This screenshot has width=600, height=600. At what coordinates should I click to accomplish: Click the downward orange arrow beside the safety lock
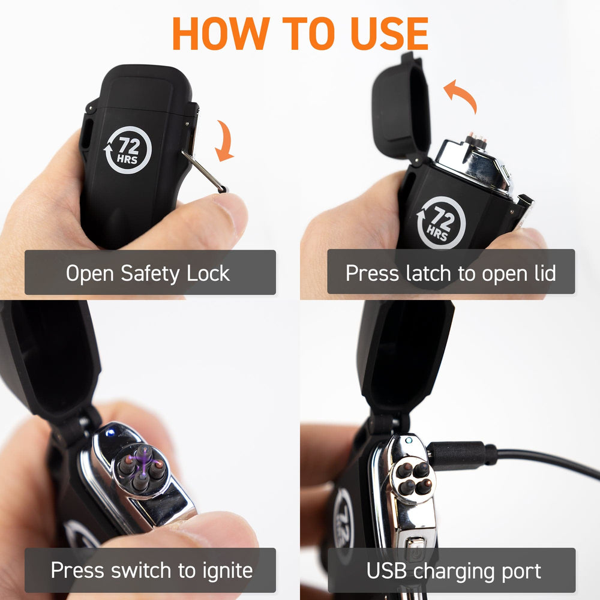(x=225, y=141)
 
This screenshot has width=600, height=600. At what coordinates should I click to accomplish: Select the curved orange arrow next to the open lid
(x=460, y=95)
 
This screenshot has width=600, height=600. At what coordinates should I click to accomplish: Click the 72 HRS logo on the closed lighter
(x=128, y=149)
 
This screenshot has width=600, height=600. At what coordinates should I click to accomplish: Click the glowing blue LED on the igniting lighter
(x=110, y=433)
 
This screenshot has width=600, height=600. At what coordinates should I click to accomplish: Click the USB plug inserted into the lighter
(x=459, y=455)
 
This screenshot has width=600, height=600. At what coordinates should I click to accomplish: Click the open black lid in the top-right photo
(x=400, y=107)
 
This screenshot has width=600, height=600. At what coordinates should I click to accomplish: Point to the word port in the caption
(x=521, y=572)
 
